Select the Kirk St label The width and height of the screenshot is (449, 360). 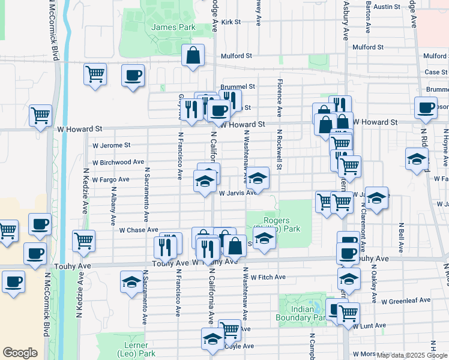tap(231, 22)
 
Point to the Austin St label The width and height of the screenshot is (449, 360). tap(387, 7)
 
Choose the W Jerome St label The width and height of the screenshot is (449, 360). tap(111, 145)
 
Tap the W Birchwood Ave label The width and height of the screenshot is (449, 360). tap(118, 162)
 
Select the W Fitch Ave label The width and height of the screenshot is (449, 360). tap(268, 277)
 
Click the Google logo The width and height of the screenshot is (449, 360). tap(20, 353)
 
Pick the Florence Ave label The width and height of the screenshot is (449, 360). tap(280, 97)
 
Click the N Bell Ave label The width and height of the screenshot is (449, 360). tap(400, 238)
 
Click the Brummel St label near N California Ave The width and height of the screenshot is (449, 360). tap(238, 86)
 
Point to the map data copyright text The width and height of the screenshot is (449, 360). tap(412, 355)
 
